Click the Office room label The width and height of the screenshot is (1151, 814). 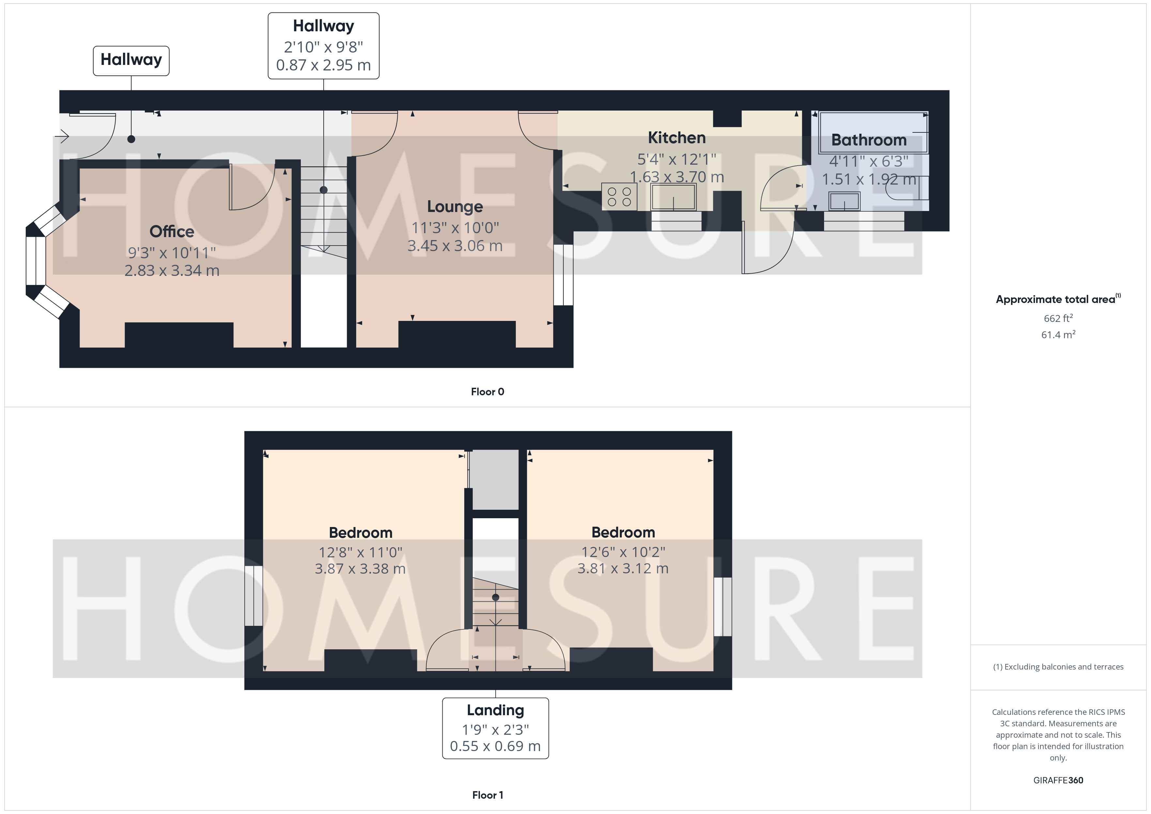[172, 232]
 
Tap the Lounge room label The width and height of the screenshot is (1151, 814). [455, 206]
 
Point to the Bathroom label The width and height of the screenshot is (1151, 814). [869, 140]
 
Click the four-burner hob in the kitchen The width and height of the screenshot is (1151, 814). [619, 196]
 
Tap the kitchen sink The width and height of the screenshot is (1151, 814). [673, 196]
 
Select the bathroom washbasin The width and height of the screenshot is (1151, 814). [844, 202]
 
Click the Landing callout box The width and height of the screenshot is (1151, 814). [495, 728]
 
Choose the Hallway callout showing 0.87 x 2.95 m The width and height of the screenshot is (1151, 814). [323, 46]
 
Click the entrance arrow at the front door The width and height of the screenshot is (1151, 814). [62, 136]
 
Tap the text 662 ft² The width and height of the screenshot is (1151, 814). [1058, 318]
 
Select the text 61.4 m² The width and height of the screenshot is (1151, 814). [1058, 334]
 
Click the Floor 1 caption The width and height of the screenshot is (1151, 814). [487, 795]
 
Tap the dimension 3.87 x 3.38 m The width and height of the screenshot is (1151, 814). [360, 569]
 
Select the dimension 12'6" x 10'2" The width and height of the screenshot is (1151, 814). [623, 552]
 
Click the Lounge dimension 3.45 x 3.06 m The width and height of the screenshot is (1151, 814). [455, 246]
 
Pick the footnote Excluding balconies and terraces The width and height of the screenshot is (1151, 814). [1058, 667]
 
